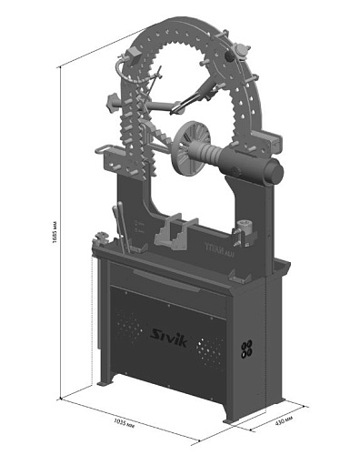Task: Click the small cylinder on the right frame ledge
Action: coord(244,226)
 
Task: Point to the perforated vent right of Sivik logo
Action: coord(215,348)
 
